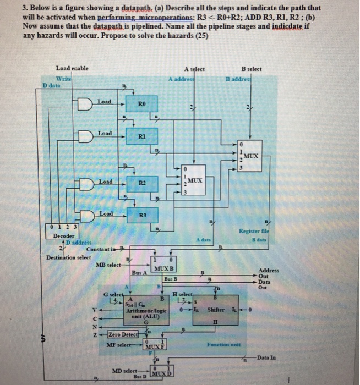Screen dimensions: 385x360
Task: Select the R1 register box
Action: tap(142, 135)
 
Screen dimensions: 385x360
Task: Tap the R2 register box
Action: tap(142, 183)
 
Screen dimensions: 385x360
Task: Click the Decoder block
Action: tap(64, 232)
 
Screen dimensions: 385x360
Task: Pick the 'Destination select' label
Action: tap(68, 257)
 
